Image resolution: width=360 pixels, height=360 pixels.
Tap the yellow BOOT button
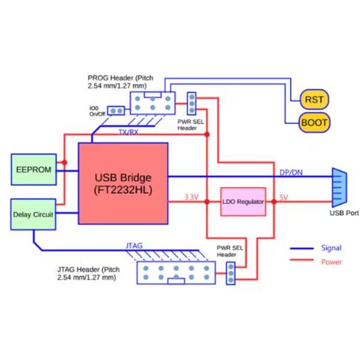[x=314, y=123]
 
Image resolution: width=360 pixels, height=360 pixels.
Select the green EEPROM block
[x=34, y=170]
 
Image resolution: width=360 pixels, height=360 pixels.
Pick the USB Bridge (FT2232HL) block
[x=123, y=183]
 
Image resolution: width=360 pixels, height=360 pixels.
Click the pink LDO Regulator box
[x=243, y=202]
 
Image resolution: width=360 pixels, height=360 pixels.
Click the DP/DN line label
[x=291, y=173]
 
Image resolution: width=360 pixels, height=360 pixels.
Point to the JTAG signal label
[x=134, y=245]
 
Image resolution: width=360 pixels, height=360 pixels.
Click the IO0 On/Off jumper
[x=116, y=111]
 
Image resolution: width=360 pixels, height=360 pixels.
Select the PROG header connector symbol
[x=152, y=101]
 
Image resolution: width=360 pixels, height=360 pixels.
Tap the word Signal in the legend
[x=331, y=248]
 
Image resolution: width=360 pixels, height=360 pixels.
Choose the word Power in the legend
[x=331, y=262]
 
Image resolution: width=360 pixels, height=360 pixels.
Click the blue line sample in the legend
[x=303, y=248]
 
